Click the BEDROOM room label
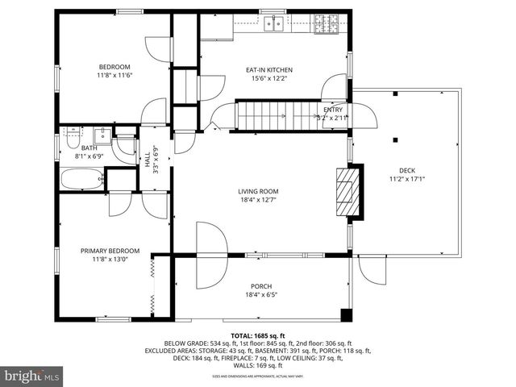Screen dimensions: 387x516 point(114,67)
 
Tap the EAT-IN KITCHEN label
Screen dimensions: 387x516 point(268,70)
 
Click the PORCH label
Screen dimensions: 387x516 point(260,287)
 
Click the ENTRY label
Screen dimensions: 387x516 point(333,110)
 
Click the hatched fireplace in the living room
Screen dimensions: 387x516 point(348,192)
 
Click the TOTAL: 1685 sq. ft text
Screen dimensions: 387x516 point(258,334)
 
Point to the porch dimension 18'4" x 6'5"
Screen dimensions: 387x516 point(260,295)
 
